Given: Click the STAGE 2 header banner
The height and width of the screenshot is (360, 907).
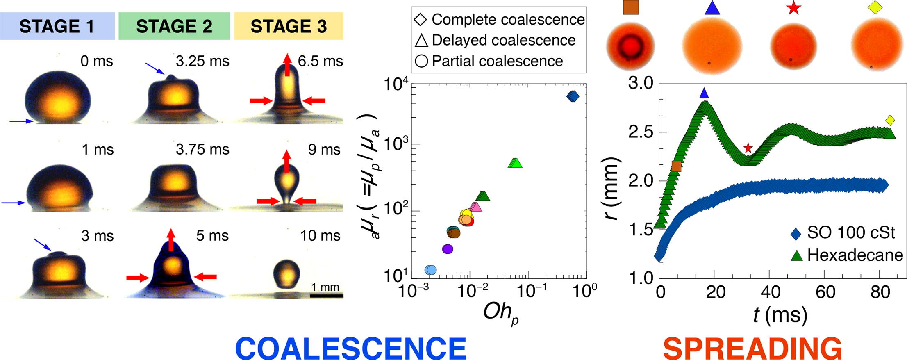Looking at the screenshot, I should click(x=174, y=26).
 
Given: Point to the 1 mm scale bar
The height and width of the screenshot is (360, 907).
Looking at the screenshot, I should click(x=326, y=295).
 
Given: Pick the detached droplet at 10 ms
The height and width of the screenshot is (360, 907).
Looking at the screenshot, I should click(x=286, y=273).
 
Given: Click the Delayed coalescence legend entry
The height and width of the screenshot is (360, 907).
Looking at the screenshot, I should click(x=496, y=40).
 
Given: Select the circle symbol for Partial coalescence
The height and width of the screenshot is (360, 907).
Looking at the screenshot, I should click(x=421, y=61).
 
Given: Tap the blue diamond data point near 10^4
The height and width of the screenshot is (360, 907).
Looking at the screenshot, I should click(x=573, y=96).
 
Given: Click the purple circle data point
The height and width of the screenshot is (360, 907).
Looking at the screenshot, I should click(x=448, y=249).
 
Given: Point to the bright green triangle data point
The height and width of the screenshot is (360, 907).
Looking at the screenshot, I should click(x=515, y=163).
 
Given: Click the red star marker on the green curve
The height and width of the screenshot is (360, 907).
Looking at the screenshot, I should click(x=748, y=148).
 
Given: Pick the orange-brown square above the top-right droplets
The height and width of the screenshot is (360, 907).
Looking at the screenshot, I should click(x=631, y=7).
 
